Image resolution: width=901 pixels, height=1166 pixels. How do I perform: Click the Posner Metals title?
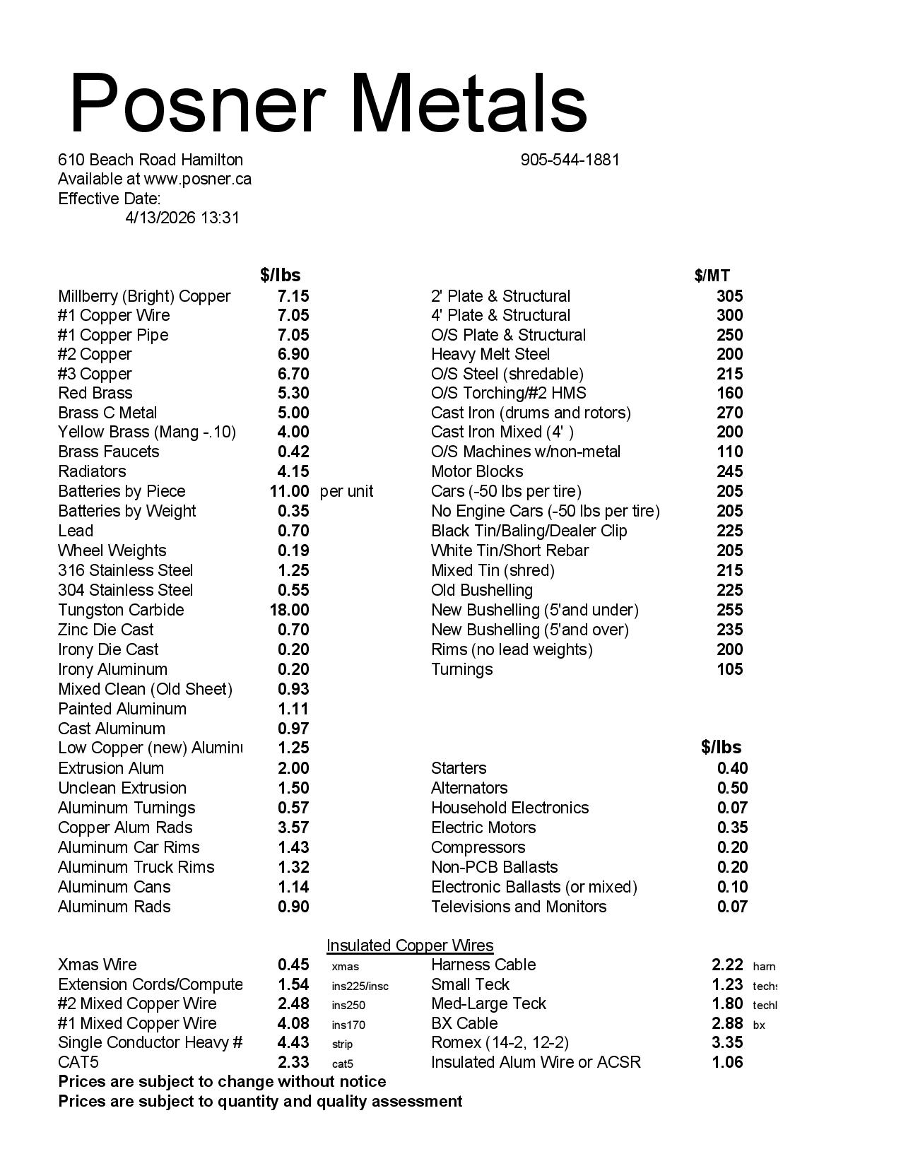coord(329,103)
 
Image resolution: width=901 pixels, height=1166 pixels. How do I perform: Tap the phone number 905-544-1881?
coord(570,160)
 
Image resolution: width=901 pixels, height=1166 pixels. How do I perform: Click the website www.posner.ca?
coord(197,179)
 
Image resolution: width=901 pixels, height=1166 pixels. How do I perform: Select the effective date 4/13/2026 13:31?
coord(182,218)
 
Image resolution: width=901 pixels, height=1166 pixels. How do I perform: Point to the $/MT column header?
coord(712,276)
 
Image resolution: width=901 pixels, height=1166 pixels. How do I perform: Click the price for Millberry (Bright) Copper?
coord(293,296)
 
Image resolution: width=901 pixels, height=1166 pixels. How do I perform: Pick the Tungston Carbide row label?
coord(121,610)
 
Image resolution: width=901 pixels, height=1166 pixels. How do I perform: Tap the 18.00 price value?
coord(290,610)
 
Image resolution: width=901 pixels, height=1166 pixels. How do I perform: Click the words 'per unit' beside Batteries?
coord(346,491)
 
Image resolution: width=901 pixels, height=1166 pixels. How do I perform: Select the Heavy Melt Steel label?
coord(490,354)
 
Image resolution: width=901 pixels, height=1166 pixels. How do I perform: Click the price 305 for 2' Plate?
coord(729,296)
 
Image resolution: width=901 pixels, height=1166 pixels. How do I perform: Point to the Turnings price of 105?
coord(729,669)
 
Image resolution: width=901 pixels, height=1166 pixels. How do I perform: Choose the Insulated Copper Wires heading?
coord(410,946)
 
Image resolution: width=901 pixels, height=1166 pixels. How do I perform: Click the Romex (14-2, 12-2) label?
coord(500,1042)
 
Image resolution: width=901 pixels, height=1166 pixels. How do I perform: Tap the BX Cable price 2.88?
coord(727,1023)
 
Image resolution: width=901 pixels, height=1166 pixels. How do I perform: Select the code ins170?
coord(348,1025)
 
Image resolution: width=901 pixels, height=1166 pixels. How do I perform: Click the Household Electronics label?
coord(510,808)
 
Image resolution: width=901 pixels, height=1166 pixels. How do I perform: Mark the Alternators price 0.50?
coord(732,788)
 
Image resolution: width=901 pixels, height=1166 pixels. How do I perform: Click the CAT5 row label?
coord(78,1062)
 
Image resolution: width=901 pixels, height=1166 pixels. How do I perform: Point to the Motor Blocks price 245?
coord(729,471)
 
